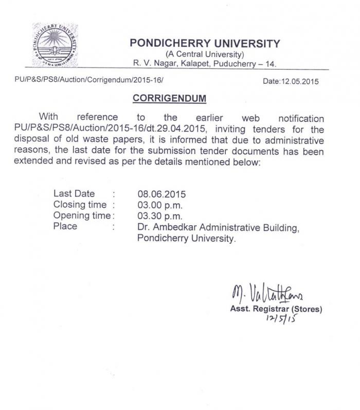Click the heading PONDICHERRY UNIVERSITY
[205, 43]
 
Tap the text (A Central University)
[204, 55]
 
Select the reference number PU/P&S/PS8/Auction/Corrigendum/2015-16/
[89, 81]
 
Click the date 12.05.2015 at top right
[291, 81]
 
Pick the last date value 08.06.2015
[161, 194]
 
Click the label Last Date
[74, 194]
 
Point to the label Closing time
[80, 205]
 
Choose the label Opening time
[82, 216]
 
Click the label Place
[65, 226]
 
